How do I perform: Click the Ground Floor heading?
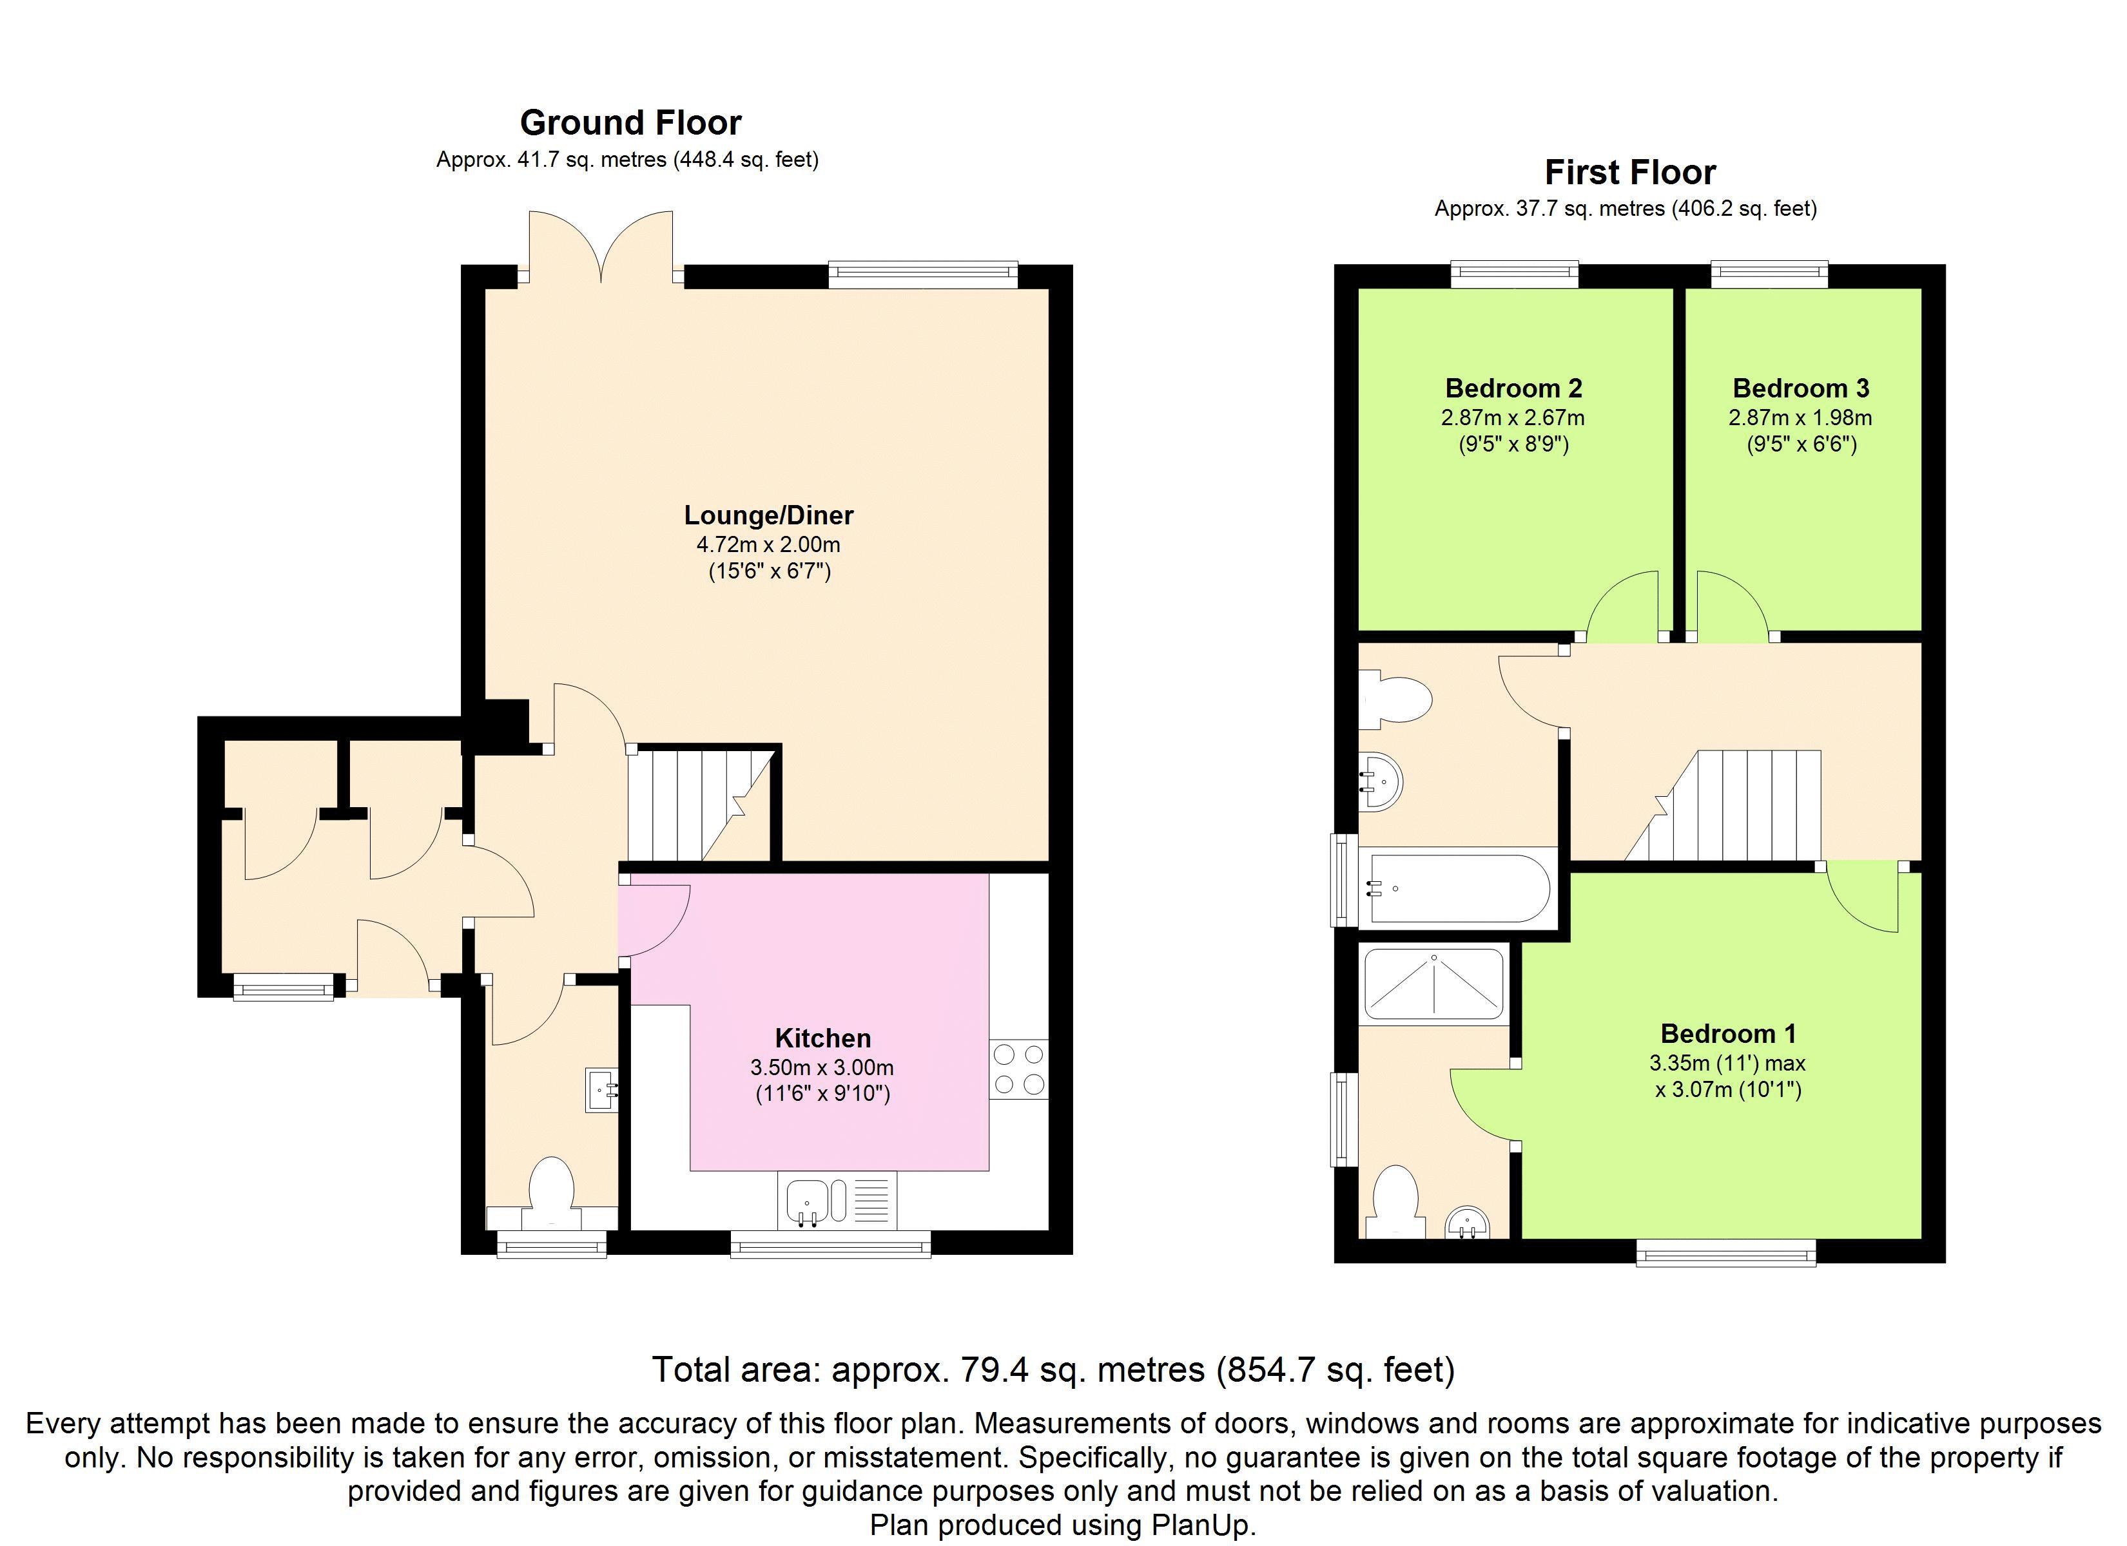click(x=630, y=123)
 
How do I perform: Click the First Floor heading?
click(x=1630, y=173)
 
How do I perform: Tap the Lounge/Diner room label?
click(x=768, y=515)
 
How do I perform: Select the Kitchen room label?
click(x=822, y=1038)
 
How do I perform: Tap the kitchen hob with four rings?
click(x=1018, y=1069)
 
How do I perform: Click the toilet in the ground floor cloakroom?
click(x=552, y=1194)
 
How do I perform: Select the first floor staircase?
click(x=1723, y=805)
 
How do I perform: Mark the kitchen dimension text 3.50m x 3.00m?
click(x=822, y=1067)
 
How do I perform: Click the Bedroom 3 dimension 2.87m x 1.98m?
click(x=1801, y=417)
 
